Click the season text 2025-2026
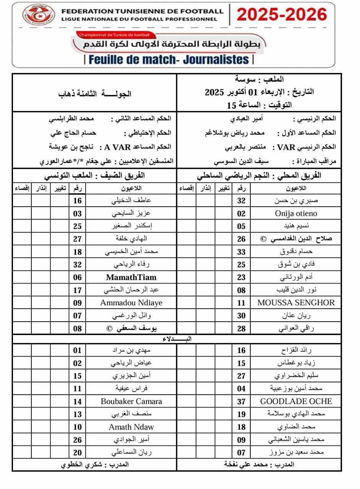[x=282, y=15]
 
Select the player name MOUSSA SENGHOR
[x=296, y=303]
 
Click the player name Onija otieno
[x=296, y=214]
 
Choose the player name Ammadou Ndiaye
[x=131, y=303]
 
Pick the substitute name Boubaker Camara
[x=131, y=402]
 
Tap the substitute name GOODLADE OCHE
[x=296, y=402]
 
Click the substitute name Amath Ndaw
[x=131, y=427]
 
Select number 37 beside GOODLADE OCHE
[x=241, y=402]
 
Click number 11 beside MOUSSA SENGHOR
[x=241, y=303]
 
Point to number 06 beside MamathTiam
[x=78, y=277]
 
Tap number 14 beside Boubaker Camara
[x=78, y=402]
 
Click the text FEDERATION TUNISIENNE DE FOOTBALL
[x=142, y=11]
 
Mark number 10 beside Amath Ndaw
[x=78, y=427]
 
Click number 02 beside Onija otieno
[x=241, y=214]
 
